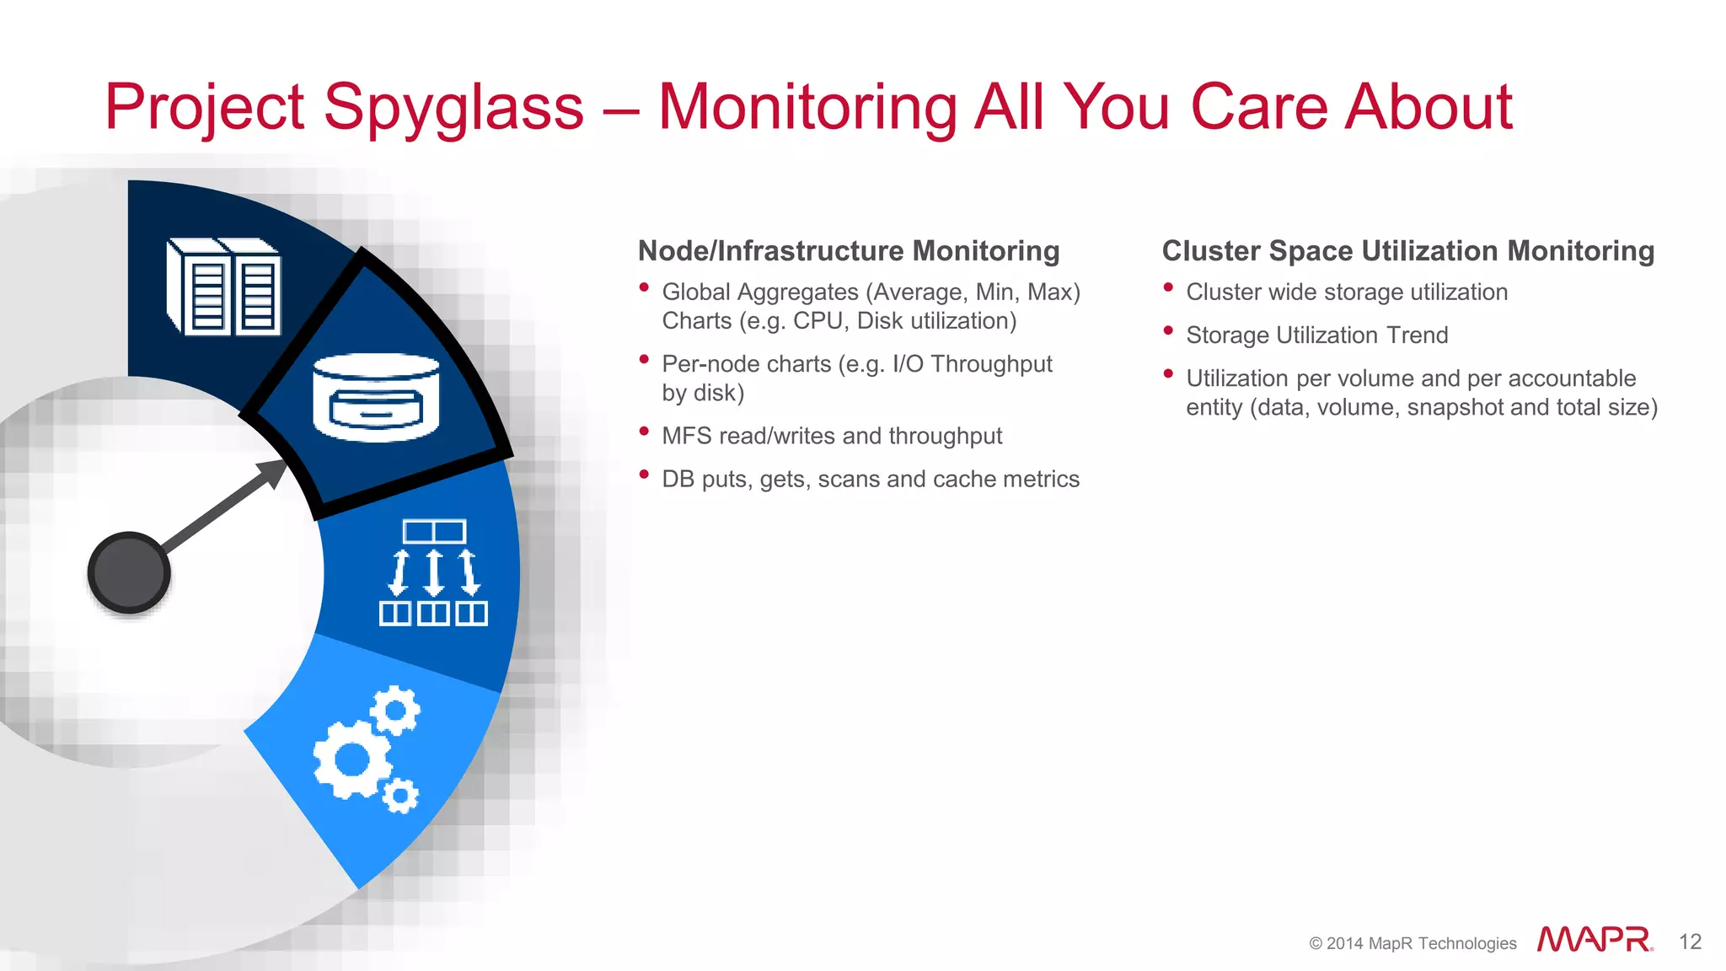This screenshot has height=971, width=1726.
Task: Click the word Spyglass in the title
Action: point(453,108)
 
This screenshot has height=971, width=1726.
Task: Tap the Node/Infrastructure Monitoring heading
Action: point(849,251)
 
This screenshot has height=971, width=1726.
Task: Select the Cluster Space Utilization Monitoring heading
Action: point(1407,251)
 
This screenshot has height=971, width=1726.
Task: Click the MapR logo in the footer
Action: point(1595,940)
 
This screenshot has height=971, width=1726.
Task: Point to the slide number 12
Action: point(1690,942)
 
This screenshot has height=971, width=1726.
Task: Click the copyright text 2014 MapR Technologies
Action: point(1412,943)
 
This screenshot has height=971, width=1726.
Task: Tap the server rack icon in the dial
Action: point(224,287)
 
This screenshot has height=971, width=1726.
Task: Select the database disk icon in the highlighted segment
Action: point(376,398)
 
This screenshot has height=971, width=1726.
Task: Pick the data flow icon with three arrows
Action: point(433,573)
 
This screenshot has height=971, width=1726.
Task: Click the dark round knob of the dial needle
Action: point(129,572)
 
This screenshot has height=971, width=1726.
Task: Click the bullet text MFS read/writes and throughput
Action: point(832,436)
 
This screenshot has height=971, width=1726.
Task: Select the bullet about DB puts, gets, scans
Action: point(871,479)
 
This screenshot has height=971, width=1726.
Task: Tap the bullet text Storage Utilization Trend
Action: point(1316,335)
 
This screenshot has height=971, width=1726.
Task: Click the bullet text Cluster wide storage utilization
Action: point(1347,292)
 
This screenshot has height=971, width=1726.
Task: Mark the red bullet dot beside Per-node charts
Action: point(644,359)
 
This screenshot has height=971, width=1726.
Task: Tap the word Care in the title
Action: point(1259,108)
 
